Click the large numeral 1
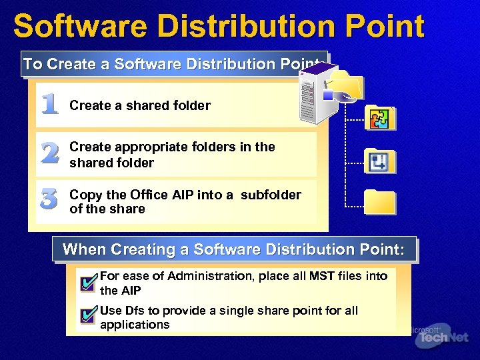point(49,104)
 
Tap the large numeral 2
point(49,154)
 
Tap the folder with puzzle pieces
point(381,118)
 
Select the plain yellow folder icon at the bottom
point(380,202)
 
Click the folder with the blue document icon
point(381,161)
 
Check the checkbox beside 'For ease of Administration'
point(87,283)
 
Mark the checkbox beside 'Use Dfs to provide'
point(87,316)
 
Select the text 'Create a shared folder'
point(140,105)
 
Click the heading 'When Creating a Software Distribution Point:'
point(233,249)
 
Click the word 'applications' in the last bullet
point(135,325)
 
